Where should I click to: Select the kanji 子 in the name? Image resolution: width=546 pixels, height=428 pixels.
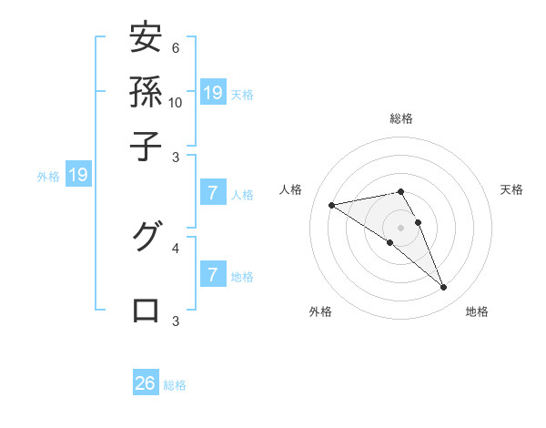click(x=147, y=144)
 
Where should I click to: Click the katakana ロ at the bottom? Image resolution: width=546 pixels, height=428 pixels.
click(x=147, y=310)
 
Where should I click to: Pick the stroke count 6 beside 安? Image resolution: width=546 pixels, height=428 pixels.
click(x=176, y=48)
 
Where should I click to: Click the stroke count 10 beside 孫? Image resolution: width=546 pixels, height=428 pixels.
click(x=176, y=102)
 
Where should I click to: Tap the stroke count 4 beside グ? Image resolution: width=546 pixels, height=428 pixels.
click(x=176, y=247)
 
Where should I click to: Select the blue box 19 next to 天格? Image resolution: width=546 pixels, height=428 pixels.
click(x=212, y=92)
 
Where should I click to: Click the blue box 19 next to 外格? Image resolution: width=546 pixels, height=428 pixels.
click(x=77, y=175)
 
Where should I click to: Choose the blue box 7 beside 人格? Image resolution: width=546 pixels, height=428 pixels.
click(x=212, y=192)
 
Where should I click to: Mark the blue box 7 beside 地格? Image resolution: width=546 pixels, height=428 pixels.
click(x=212, y=274)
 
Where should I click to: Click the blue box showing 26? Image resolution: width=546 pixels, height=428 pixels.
click(x=146, y=383)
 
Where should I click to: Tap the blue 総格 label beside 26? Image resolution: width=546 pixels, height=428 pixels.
click(x=175, y=384)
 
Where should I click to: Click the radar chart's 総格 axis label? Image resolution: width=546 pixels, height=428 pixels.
click(x=401, y=118)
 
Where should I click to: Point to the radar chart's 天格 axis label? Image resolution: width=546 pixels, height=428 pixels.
click(x=512, y=189)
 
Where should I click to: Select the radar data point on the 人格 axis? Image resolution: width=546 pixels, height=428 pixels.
click(x=332, y=205)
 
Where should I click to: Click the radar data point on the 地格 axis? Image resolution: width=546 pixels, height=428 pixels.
click(x=443, y=288)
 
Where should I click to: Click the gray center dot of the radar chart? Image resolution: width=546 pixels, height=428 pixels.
click(x=401, y=227)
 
